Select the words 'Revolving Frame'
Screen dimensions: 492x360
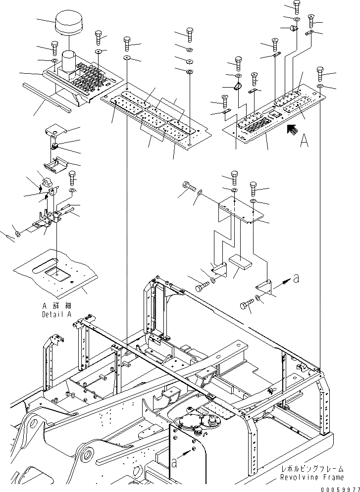coord(311,477)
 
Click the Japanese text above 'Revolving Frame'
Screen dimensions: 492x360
coord(311,469)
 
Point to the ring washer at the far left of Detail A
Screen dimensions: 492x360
coord(18,233)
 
